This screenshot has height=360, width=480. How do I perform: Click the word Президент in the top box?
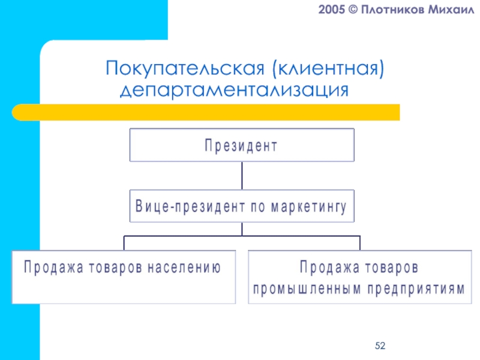[x=242, y=146]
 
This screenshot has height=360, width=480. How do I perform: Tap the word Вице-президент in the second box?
[x=182, y=208]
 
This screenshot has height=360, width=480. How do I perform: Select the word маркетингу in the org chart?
[x=310, y=208]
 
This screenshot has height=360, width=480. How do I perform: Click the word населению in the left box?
[x=183, y=267]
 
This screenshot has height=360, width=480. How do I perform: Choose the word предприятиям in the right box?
[x=408, y=287]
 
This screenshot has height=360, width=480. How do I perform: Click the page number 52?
[x=379, y=346]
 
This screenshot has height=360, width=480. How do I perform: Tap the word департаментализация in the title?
[x=234, y=91]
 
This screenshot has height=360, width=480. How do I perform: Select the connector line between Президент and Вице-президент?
[x=242, y=176]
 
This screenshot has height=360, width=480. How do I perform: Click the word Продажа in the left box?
[x=50, y=267]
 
